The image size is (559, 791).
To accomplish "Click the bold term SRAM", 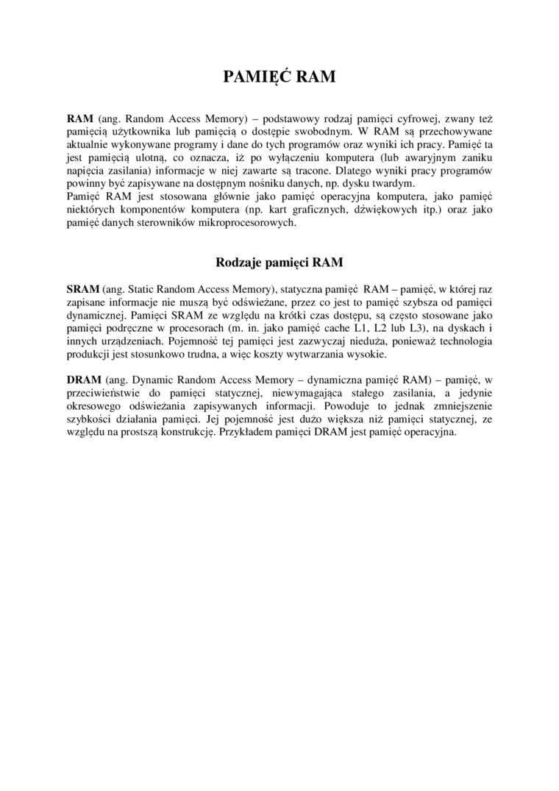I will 83,290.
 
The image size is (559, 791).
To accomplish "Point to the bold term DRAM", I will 84,380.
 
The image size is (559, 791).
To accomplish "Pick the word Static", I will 149,290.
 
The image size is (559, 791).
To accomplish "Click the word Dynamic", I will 154,380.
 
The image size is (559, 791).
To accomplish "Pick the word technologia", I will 464,343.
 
